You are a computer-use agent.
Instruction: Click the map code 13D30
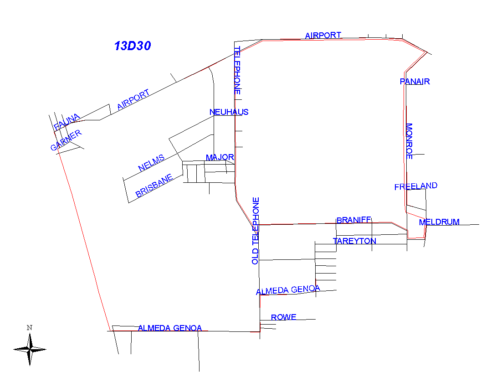pos(133,46)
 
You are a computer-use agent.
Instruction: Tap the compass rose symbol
pos(30,349)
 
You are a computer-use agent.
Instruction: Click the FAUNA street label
pos(67,122)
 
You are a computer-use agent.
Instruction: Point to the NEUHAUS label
pos(229,112)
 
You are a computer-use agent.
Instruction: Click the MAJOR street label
pos(220,158)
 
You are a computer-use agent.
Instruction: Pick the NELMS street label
pos(151,163)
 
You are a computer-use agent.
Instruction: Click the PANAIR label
pos(414,82)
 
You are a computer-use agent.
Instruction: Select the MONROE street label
pos(409,141)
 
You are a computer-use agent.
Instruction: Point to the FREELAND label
pos(415,186)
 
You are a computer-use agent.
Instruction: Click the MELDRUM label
pos(439,222)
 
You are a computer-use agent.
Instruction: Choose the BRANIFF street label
pos(353,220)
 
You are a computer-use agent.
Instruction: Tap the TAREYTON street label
pos(354,241)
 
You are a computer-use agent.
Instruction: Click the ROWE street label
pos(283,317)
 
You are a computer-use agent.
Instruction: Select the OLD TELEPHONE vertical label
pos(256,231)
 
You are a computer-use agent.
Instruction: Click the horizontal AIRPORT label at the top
pos(323,35)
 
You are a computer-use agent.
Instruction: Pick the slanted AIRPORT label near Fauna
pos(133,100)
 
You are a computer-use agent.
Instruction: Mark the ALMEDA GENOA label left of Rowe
pos(288,290)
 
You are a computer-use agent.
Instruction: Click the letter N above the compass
pos(29,327)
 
